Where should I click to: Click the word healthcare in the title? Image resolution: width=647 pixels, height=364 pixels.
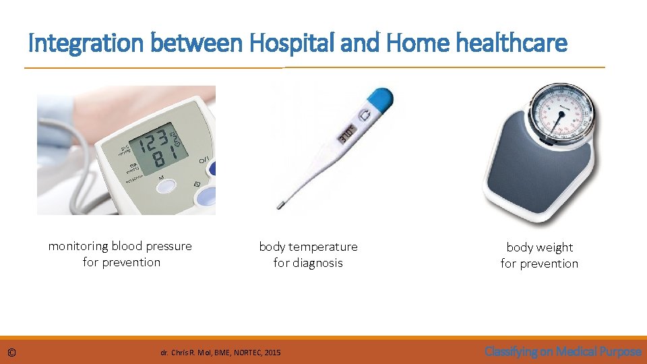tap(512, 44)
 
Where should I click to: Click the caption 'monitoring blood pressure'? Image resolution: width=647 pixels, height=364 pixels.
tap(120, 246)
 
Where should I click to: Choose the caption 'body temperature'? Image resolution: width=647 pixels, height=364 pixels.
tap(309, 247)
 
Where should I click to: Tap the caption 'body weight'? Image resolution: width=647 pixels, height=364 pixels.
tap(540, 247)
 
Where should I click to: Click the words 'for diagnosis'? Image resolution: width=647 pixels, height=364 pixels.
tap(308, 263)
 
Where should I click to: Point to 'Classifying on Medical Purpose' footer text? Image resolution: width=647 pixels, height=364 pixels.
tap(563, 351)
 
